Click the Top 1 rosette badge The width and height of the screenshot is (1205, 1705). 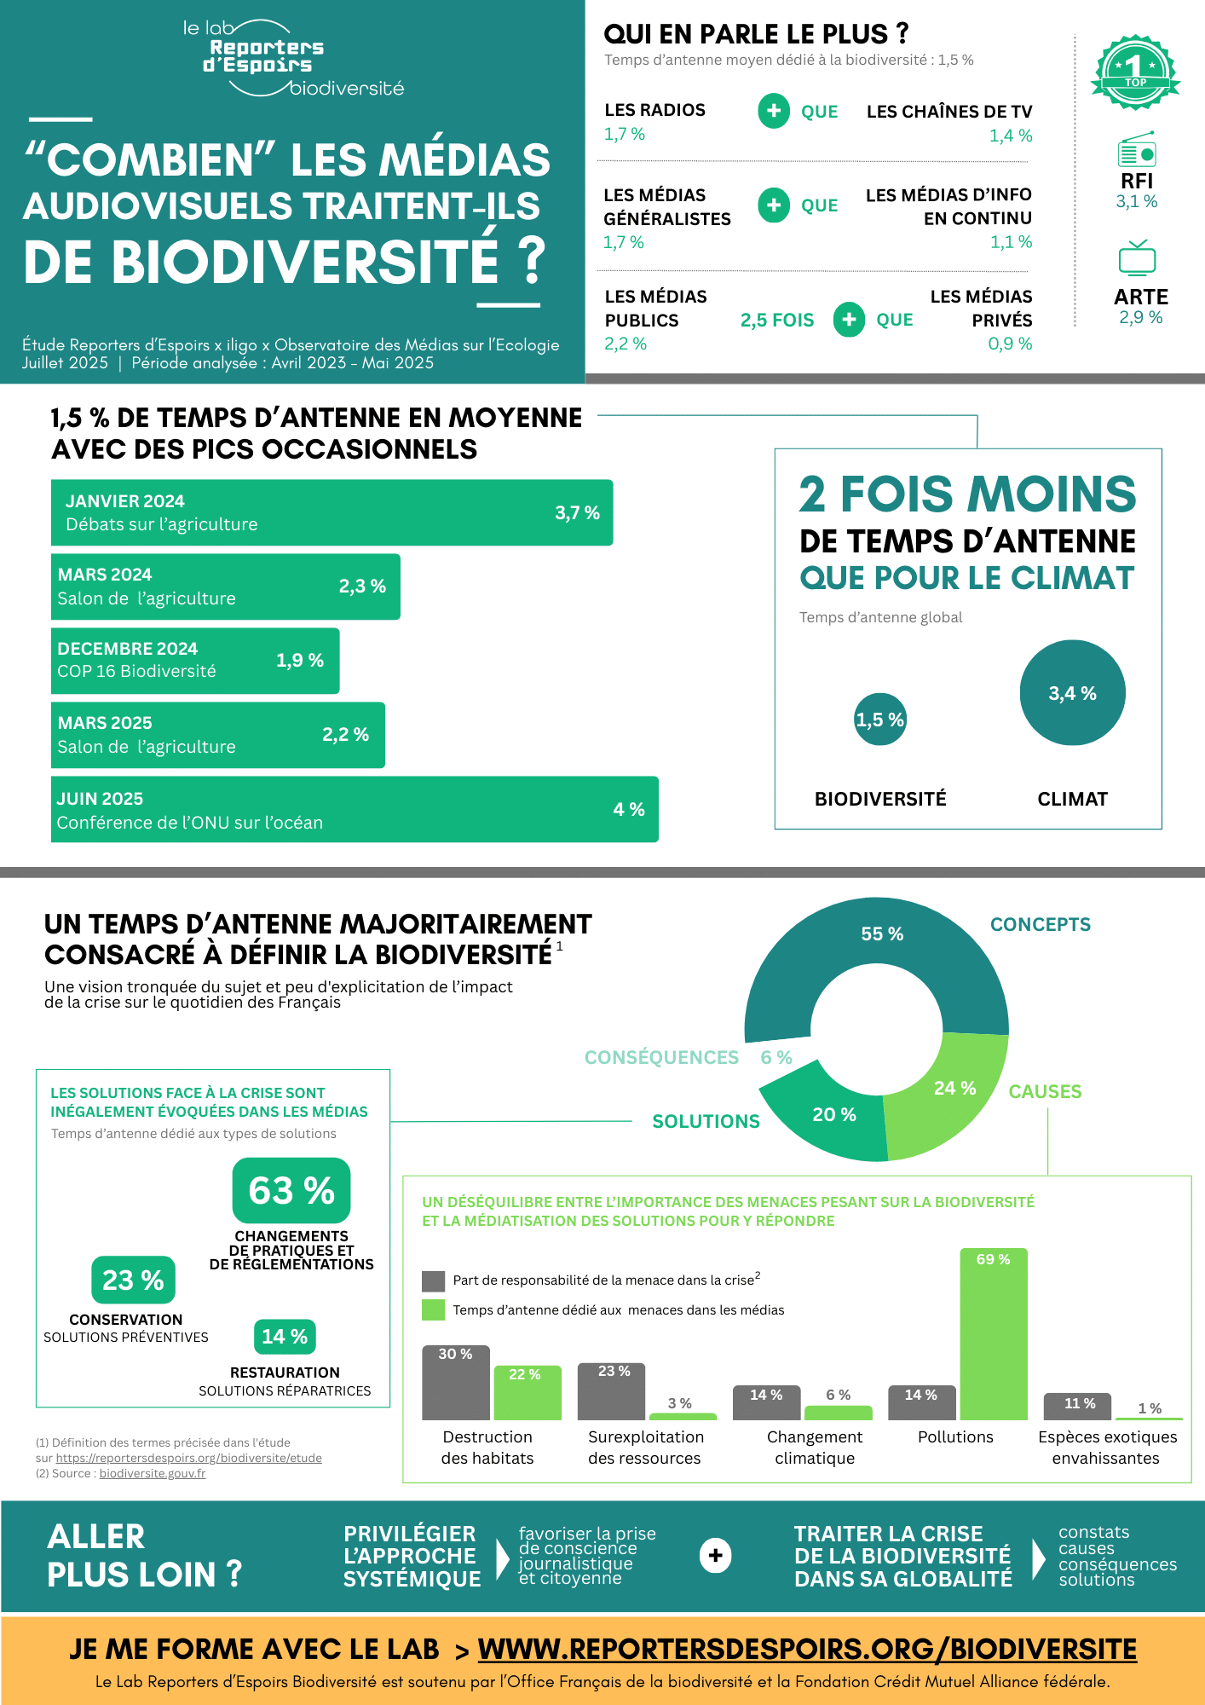coord(1135,72)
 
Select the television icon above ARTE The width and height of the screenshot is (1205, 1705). coord(1137,258)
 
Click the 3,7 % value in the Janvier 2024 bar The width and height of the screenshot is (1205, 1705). coord(577,512)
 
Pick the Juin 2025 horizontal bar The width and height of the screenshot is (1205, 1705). coord(354,809)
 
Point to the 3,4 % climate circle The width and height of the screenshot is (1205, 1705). coord(1072,692)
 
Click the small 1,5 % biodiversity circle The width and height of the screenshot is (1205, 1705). coord(879,720)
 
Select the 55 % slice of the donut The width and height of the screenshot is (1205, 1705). coord(878,946)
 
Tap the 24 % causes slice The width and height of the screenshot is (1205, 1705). coord(950,1095)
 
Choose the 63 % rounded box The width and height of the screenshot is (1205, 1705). coord(291,1190)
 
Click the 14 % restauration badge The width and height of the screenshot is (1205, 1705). coord(285,1337)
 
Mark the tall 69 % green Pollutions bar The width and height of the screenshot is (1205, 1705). coord(993,1334)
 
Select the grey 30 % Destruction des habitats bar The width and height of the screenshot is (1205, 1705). coord(456,1383)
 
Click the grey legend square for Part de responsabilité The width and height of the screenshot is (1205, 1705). coord(433,1280)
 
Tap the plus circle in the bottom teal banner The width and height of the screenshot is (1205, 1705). coord(715,1556)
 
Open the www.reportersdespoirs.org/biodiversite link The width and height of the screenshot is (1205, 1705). coord(806,1649)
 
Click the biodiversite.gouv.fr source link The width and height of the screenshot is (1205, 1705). coord(152,1473)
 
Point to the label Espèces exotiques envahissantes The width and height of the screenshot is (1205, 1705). coord(1106,1448)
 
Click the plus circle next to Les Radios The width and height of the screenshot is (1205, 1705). coord(773,111)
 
